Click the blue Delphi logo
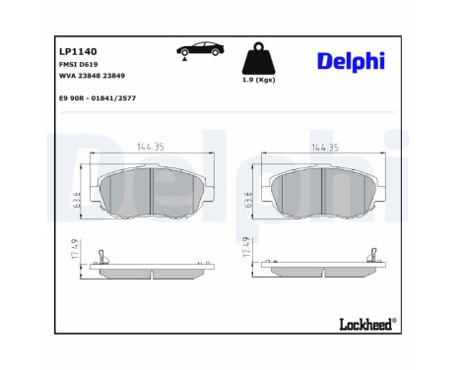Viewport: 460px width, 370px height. pos(352,62)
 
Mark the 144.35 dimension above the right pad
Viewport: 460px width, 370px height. pos(323,148)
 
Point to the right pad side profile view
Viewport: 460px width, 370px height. pos(325,269)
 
